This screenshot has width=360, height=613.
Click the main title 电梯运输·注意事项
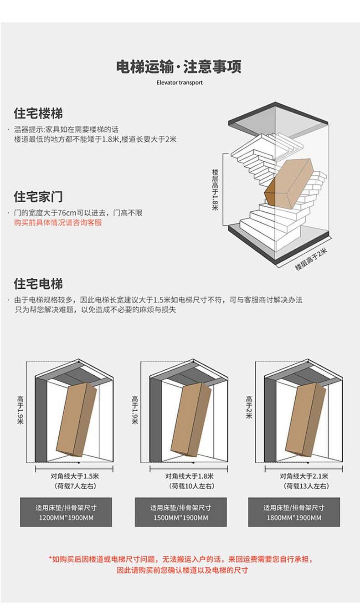[179, 67]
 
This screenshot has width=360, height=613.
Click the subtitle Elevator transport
[179, 83]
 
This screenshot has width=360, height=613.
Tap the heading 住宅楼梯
[38, 113]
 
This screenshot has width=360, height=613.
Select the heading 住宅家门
[38, 197]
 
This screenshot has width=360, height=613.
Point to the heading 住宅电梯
[38, 284]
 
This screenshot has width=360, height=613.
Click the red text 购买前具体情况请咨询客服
[58, 223]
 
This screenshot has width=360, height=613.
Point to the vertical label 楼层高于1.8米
[215, 189]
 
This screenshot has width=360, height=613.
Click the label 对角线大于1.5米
[75, 476]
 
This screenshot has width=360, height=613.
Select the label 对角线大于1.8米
[190, 476]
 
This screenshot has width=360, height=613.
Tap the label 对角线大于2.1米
[303, 476]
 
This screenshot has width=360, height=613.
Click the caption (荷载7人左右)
[75, 486]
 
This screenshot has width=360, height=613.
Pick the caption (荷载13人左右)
[303, 486]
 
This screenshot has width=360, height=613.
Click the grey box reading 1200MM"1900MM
[66, 512]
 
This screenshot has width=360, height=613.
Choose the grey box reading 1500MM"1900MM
[180, 512]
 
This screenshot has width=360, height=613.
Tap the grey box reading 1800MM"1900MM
[294, 512]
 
